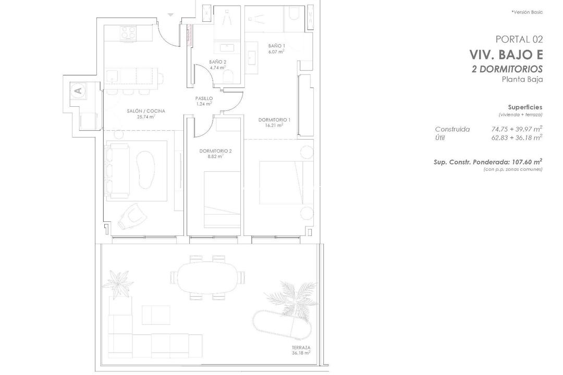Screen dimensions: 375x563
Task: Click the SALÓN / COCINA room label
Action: tap(146, 111)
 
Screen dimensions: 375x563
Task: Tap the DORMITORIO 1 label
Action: tap(274, 119)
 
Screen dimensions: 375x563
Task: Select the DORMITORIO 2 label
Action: tap(215, 151)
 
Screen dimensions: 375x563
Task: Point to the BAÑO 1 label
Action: tap(276, 46)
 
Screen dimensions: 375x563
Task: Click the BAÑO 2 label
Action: tap(217, 62)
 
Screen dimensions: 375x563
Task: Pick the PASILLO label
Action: tap(204, 98)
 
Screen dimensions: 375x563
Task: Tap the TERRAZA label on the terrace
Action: tap(301, 347)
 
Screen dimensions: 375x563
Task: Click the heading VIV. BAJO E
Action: tap(506, 55)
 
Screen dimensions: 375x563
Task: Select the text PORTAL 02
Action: tap(519, 39)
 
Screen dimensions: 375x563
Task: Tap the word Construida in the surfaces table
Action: tap(452, 129)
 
